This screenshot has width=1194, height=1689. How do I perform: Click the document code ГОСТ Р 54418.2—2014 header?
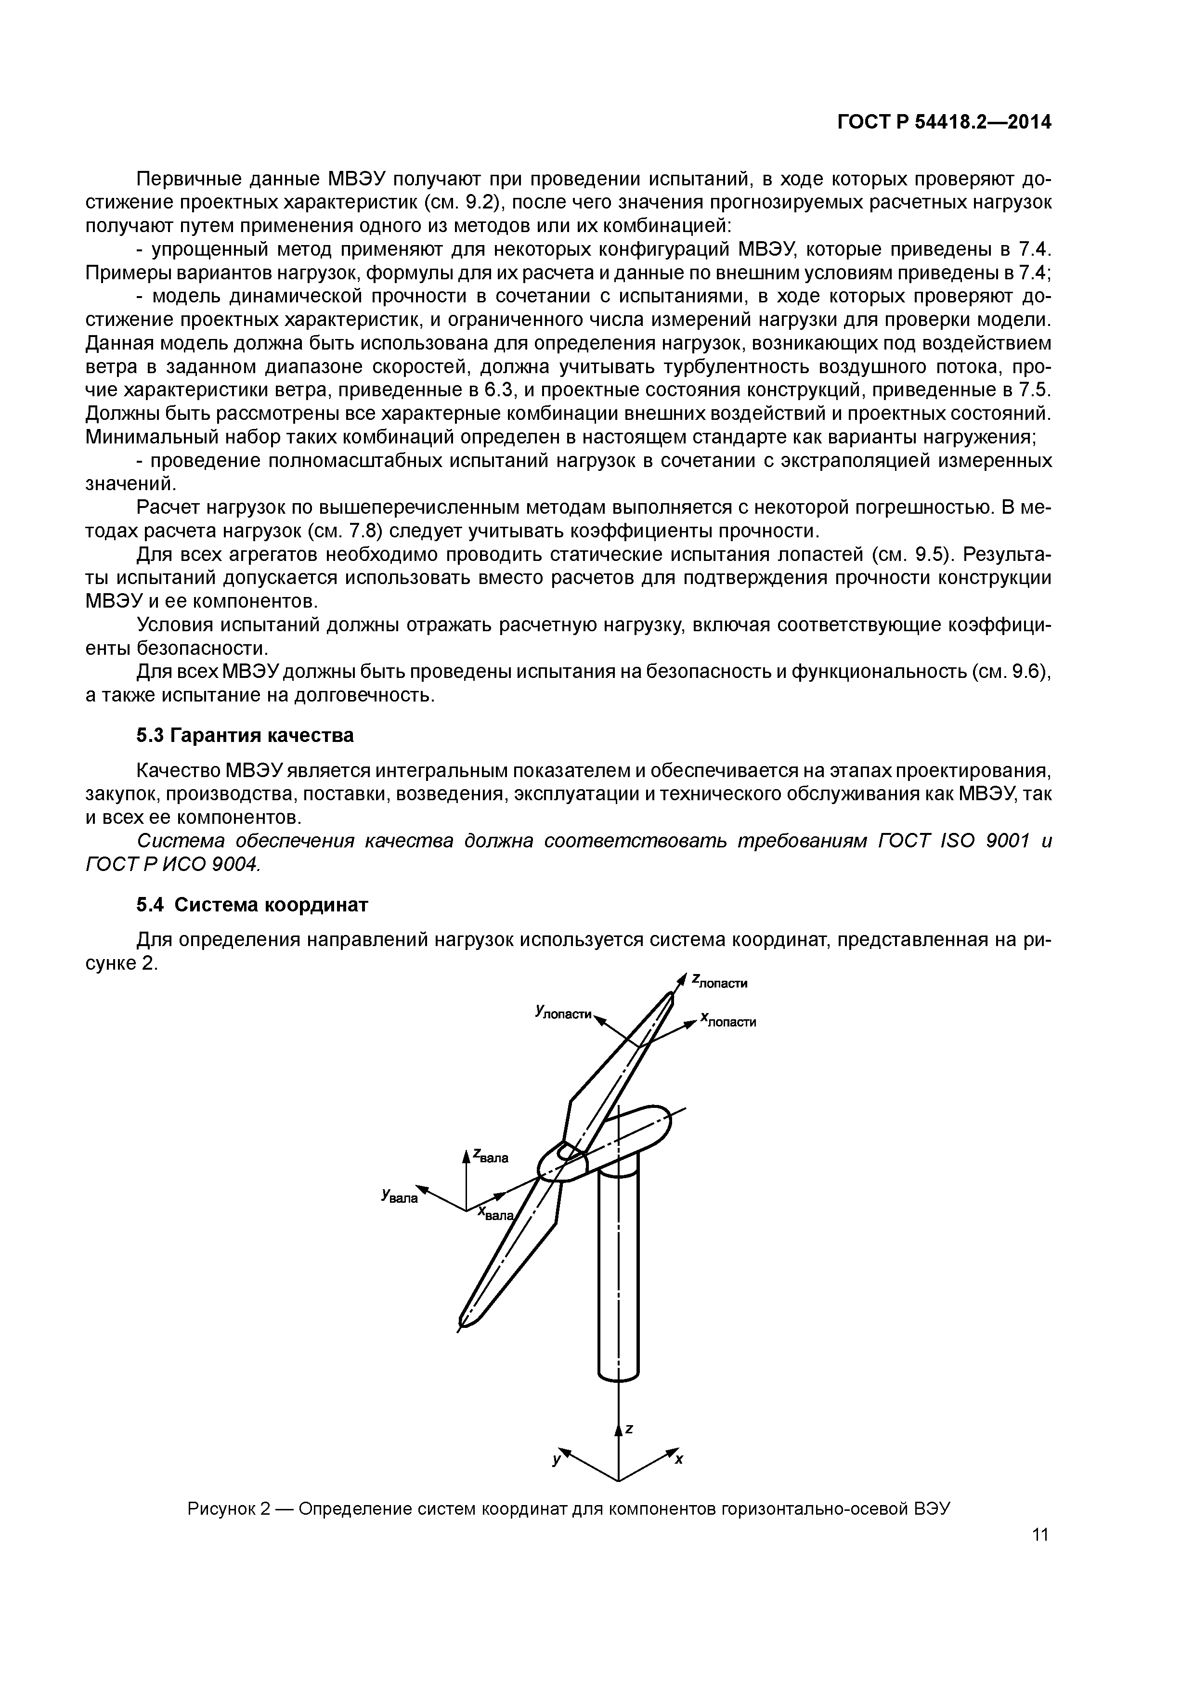pyautogui.click(x=945, y=123)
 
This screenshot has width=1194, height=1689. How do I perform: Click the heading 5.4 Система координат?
pyautogui.click(x=252, y=905)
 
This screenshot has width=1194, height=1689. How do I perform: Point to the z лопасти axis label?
pyautogui.click(x=719, y=982)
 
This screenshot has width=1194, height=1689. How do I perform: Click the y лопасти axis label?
pyautogui.click(x=563, y=1013)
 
